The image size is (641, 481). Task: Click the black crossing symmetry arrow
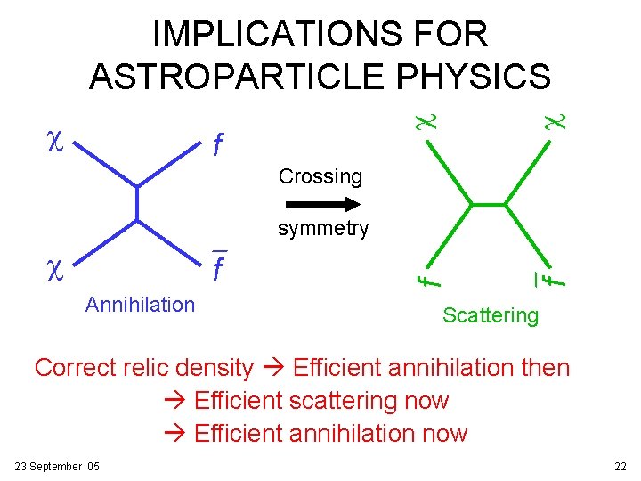(320, 203)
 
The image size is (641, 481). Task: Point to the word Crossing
(320, 176)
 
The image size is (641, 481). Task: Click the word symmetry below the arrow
(322, 229)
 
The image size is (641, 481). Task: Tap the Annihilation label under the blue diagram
(140, 305)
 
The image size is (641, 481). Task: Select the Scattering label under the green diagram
(491, 314)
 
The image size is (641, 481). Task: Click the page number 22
(621, 467)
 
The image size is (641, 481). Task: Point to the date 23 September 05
(58, 467)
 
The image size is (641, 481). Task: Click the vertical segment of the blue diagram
(136, 202)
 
